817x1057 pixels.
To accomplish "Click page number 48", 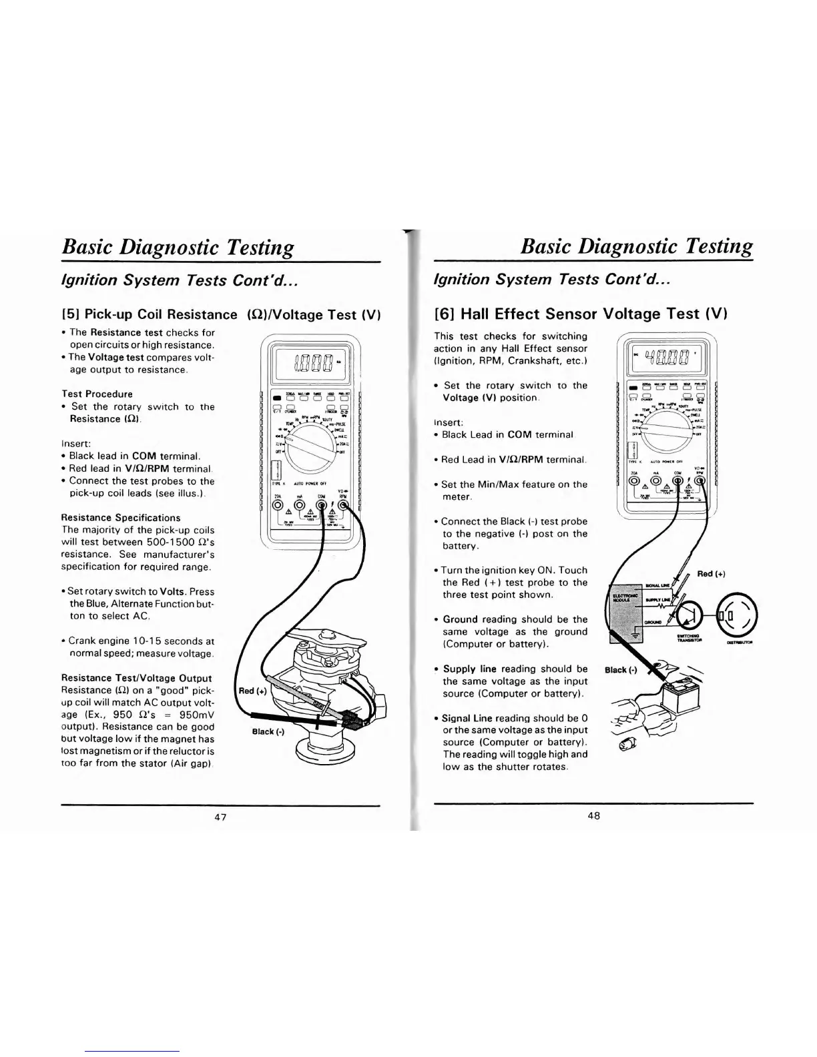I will click(x=594, y=815).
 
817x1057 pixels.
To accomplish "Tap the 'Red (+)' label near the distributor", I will click(x=253, y=691).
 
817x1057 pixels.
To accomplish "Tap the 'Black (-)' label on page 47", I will click(x=268, y=731).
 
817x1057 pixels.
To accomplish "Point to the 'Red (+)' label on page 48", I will click(x=711, y=574).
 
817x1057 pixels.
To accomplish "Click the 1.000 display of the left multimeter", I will click(x=310, y=364).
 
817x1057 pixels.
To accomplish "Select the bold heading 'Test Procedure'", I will click(x=97, y=394).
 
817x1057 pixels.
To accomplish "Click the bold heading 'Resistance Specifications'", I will click(x=121, y=517).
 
